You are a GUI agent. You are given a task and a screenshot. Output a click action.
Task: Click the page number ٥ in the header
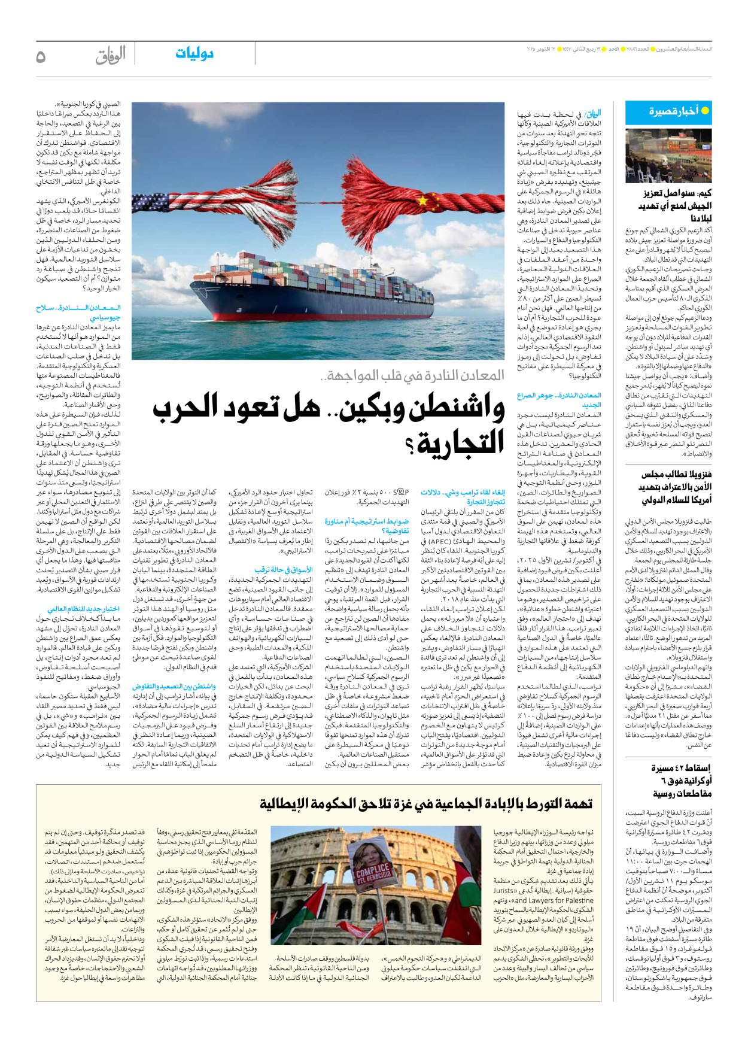tap(41, 57)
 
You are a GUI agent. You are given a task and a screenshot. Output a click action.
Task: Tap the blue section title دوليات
tap(194, 54)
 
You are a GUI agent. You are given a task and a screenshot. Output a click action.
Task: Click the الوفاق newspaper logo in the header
tap(110, 56)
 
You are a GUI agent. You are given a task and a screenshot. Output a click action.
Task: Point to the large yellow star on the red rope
tap(425, 200)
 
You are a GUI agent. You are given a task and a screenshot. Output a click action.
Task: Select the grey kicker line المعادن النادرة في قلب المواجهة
tap(413, 375)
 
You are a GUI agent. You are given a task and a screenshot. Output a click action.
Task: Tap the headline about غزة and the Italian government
tap(426, 804)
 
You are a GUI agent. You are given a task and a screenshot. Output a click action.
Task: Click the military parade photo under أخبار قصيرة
tap(668, 155)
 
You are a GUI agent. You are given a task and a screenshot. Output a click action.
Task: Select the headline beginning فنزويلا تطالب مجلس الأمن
tap(676, 487)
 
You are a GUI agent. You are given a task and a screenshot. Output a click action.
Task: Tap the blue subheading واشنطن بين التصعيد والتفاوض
tap(174, 686)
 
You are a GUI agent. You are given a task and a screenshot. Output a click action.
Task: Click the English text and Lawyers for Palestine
tap(553, 900)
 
